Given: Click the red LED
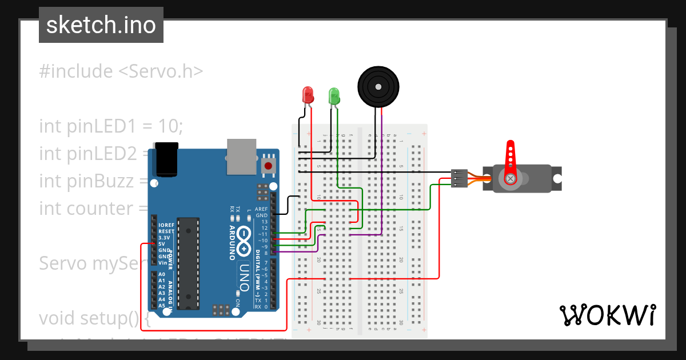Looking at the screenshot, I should (x=308, y=95).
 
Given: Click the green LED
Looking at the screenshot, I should (x=334, y=95).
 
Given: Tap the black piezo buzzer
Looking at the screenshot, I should (x=377, y=86).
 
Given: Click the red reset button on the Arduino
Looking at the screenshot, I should (x=268, y=166).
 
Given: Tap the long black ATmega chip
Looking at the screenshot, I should (x=188, y=263).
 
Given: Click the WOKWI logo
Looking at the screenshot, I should (x=607, y=315).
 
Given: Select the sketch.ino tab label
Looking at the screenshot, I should (x=101, y=25).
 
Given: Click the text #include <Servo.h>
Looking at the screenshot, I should (x=121, y=71).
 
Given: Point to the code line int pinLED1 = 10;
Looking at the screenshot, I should (x=111, y=126).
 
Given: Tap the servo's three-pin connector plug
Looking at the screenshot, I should (x=459, y=178).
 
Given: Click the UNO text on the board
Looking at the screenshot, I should (x=245, y=277).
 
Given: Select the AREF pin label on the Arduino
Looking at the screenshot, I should (x=261, y=209).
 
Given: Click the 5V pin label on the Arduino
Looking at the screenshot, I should (x=163, y=244).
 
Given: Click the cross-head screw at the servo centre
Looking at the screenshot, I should (x=510, y=179).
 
